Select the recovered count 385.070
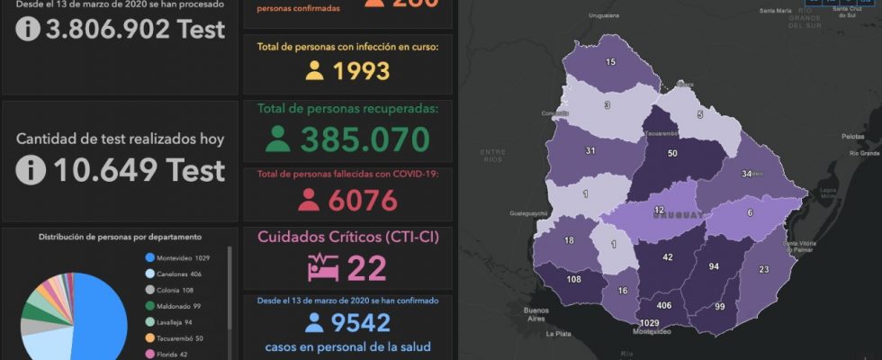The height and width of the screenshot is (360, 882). (x=365, y=140)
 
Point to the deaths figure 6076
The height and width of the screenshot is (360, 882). (x=363, y=200)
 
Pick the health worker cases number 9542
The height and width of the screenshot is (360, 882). (x=359, y=323)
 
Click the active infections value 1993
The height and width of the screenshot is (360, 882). (x=361, y=71)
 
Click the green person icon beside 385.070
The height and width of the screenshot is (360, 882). (x=278, y=140)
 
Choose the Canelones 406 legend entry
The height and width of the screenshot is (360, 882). (x=176, y=274)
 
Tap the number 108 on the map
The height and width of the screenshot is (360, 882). (x=547, y=279)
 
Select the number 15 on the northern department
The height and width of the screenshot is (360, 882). (x=610, y=62)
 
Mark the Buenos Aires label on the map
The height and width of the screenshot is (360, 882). (x=535, y=314)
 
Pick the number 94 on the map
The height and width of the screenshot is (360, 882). (x=714, y=267)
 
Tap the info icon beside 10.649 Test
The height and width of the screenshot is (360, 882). (x=30, y=169)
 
